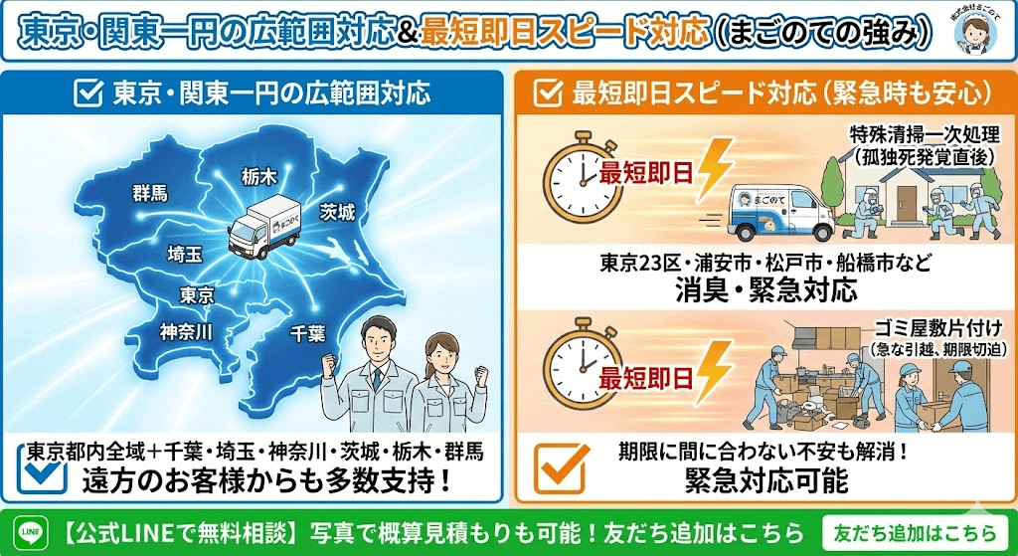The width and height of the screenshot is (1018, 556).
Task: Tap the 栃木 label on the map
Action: [259, 176]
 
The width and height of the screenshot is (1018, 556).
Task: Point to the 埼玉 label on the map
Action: [185, 254]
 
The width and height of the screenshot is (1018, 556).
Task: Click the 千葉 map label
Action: [306, 334]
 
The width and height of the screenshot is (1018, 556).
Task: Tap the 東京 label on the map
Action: [197, 294]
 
